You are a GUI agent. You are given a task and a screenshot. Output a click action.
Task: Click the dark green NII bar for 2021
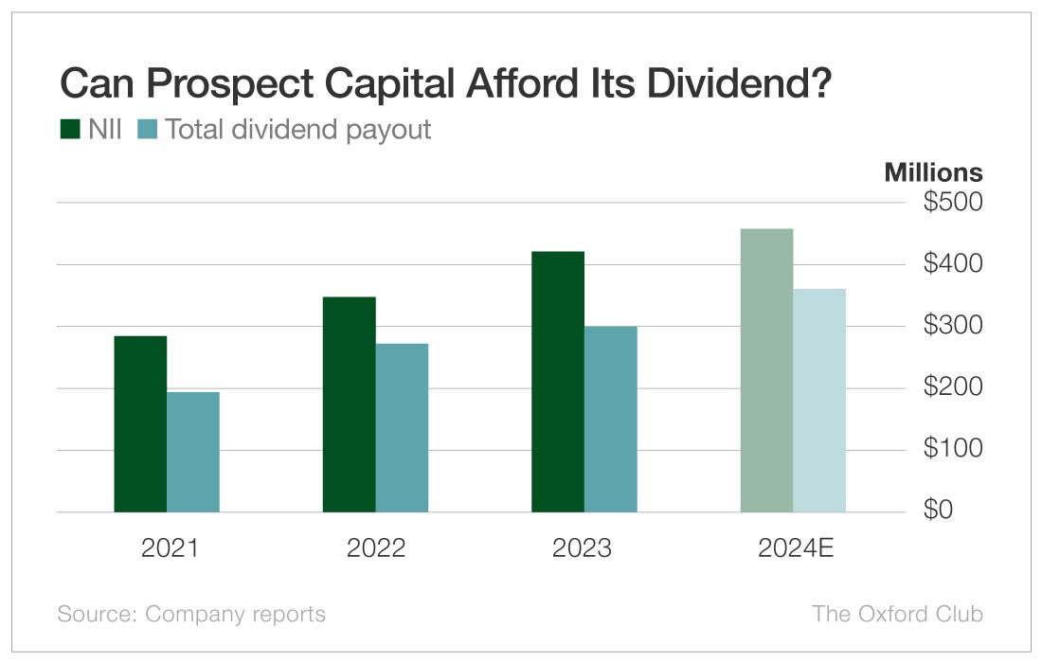click(140, 423)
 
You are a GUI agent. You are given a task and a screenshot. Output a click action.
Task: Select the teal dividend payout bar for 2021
click(193, 452)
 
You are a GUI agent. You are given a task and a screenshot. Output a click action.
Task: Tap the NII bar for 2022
click(349, 404)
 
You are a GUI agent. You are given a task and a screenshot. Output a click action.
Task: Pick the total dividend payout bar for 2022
click(402, 427)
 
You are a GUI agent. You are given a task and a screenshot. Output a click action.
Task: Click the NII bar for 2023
click(557, 382)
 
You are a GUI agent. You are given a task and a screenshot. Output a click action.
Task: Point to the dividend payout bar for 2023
click(610, 419)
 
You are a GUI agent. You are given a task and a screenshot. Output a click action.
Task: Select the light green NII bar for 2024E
click(765, 370)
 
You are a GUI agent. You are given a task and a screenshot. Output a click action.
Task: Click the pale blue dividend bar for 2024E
click(818, 400)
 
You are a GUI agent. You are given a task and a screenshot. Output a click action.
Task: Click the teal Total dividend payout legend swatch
click(148, 130)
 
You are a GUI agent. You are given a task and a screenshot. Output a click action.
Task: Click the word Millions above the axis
click(933, 173)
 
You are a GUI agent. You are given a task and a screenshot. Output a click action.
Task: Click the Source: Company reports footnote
click(191, 614)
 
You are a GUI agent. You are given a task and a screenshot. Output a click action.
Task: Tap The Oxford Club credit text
click(897, 614)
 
